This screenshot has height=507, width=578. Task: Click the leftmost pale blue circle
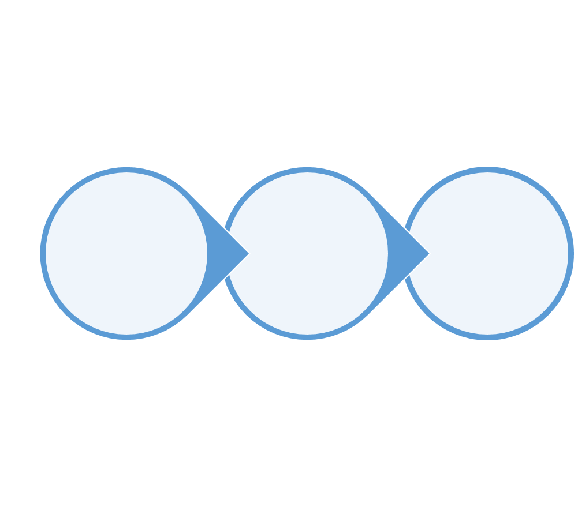tap(126, 253)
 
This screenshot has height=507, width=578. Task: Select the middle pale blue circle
tap(307, 253)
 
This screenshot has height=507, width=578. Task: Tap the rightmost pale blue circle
tap(487, 253)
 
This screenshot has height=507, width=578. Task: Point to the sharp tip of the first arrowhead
tap(248, 253)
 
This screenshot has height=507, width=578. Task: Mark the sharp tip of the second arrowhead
tap(428, 253)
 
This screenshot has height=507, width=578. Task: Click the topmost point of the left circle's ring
tap(126, 170)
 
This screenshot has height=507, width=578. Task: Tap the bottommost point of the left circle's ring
tap(126, 337)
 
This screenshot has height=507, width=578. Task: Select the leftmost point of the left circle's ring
tap(43, 253)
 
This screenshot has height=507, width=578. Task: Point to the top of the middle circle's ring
tap(307, 170)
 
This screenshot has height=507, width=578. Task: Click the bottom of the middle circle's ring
tap(307, 337)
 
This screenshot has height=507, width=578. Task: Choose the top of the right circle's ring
tap(487, 170)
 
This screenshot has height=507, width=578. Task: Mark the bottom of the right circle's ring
tap(487, 337)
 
